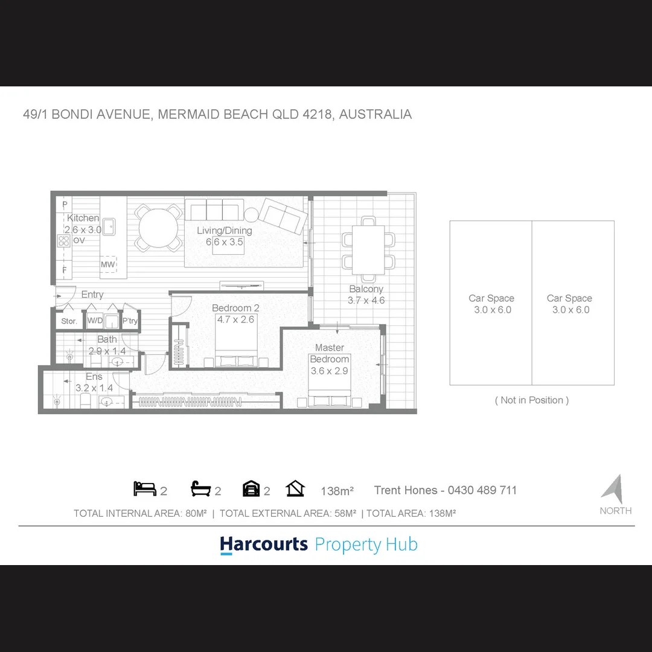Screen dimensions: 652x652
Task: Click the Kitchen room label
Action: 83,218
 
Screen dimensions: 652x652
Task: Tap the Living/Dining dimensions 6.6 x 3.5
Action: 224,241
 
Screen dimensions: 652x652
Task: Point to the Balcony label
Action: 366,289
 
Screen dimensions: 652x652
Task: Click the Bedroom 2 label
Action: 235,308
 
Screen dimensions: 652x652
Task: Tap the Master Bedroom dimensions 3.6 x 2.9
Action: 329,371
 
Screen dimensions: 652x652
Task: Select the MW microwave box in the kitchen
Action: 108,264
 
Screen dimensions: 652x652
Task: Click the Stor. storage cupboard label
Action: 69,321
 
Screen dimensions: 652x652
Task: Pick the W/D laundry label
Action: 95,321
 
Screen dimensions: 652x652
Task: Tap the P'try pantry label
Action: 130,321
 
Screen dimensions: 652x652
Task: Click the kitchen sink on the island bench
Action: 109,227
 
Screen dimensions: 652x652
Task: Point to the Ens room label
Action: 94,377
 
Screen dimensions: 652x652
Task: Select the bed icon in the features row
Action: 144,489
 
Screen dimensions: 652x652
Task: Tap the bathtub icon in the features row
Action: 200,489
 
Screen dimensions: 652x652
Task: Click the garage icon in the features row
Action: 251,489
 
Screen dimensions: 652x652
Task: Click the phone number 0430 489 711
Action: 481,490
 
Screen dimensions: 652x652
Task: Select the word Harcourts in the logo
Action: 264,544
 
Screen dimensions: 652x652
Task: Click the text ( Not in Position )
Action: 532,400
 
